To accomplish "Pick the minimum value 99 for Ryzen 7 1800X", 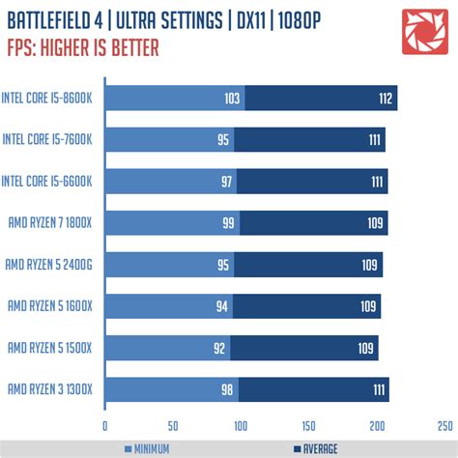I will [228, 223].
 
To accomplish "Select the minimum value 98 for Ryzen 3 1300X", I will [227, 389].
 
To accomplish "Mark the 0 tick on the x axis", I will [104, 425].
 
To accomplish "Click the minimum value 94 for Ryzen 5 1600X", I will [222, 306].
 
